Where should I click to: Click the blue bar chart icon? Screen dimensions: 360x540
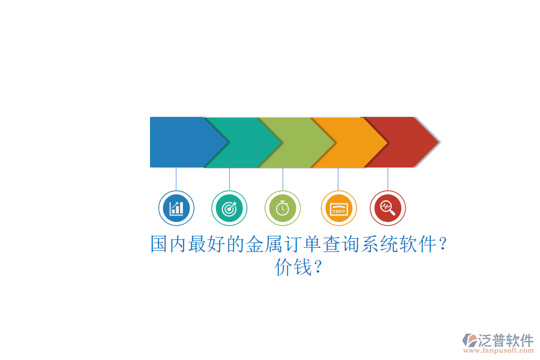coord(176,208)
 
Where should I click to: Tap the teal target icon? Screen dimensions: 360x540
coord(229,208)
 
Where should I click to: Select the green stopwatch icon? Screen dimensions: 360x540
coord(283,208)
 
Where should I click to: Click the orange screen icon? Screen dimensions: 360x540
coord(338,208)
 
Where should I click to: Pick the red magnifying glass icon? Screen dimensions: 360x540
coord(388,208)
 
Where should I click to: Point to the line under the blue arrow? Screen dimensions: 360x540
coord(176,179)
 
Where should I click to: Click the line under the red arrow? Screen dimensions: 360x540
coord(388,179)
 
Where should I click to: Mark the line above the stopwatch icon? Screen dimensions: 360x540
coord(283,179)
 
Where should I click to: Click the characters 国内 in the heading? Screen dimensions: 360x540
coord(169,244)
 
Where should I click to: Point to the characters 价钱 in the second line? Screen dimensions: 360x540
coord(293,267)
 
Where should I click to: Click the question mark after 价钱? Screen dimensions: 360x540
coord(318,267)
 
